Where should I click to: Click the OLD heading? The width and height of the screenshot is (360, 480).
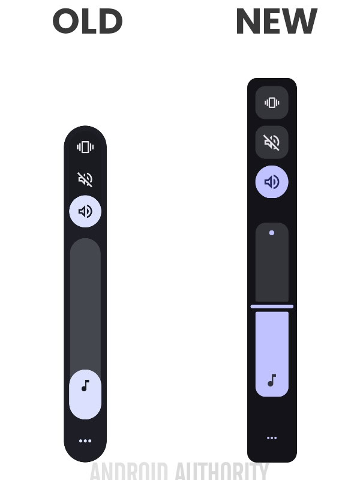click(x=88, y=22)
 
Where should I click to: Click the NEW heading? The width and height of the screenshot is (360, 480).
click(x=276, y=22)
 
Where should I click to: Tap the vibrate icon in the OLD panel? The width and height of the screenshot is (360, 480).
click(x=85, y=147)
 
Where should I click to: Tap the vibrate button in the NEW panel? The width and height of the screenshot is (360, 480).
click(x=272, y=103)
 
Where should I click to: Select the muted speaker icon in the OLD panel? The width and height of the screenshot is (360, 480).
click(x=85, y=179)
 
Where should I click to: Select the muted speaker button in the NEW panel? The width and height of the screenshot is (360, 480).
click(x=272, y=142)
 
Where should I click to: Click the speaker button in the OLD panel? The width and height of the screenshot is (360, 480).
click(x=85, y=211)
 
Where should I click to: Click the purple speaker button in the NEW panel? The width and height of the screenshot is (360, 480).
click(x=272, y=182)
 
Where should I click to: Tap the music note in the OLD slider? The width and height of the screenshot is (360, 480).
click(x=85, y=385)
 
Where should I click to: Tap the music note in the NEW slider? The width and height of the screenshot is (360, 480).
click(x=272, y=380)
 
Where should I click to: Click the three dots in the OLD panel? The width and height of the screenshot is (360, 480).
click(x=85, y=441)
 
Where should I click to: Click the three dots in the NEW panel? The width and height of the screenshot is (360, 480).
click(x=272, y=438)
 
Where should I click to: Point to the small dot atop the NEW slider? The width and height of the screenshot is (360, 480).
click(x=272, y=233)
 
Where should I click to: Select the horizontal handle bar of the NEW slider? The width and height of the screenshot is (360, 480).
click(x=272, y=307)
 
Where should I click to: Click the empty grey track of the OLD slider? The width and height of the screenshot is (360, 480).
click(x=85, y=300)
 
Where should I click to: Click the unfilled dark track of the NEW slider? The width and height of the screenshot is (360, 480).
click(x=272, y=270)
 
